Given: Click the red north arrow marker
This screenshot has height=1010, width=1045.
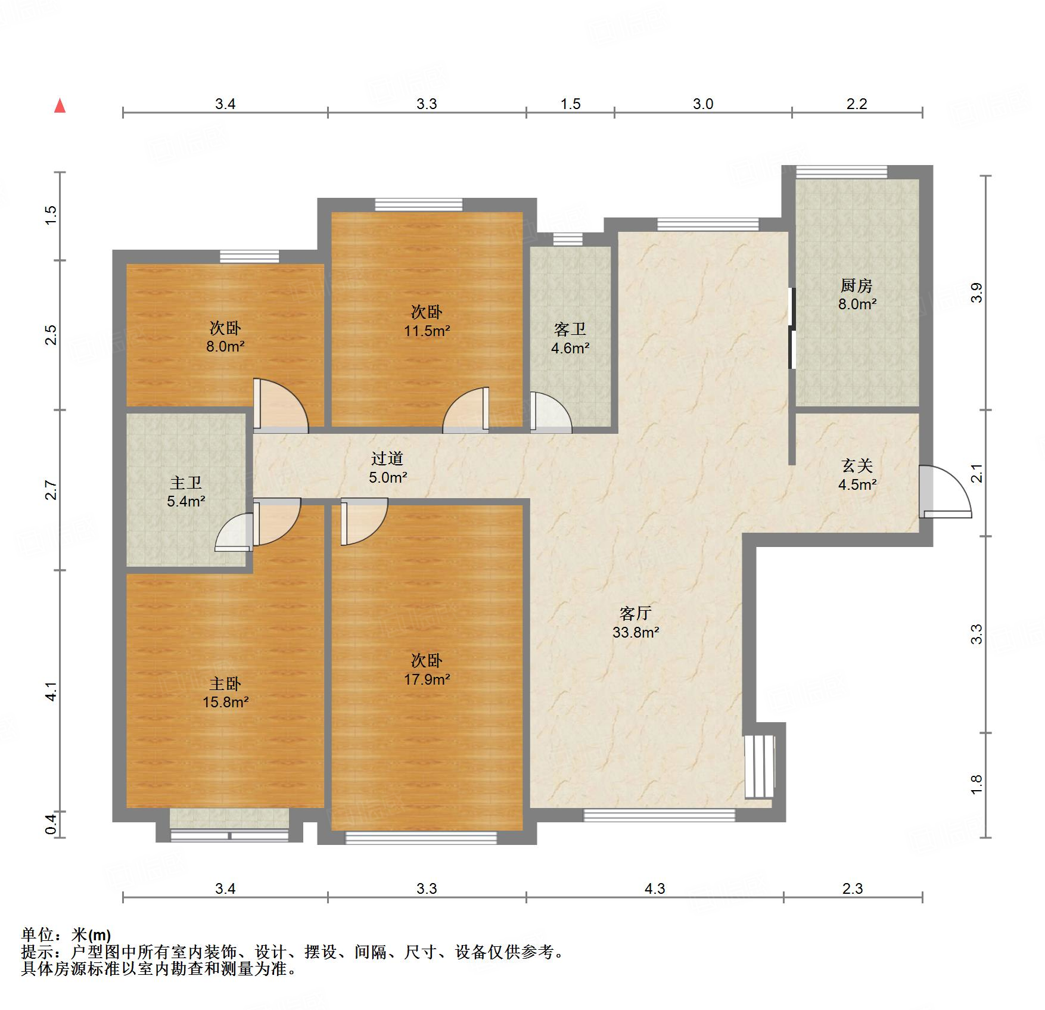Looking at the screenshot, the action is click(x=60, y=105).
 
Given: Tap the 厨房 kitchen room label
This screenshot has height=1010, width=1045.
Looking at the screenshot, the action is click(x=857, y=285).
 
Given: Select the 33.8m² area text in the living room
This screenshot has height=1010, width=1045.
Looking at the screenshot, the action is click(x=636, y=632).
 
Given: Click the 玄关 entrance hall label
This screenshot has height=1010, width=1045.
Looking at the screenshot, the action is click(x=857, y=465).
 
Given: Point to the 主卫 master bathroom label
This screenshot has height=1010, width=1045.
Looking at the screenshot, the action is click(x=186, y=482).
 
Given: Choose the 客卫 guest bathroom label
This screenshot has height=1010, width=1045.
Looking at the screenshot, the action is click(x=570, y=329).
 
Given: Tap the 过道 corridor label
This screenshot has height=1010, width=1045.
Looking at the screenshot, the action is click(x=387, y=458).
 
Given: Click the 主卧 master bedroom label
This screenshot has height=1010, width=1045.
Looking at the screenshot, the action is click(x=225, y=683).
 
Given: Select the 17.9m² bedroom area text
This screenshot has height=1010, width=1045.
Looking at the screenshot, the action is click(x=427, y=679).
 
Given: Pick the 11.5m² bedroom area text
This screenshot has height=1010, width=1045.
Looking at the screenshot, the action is click(x=427, y=331).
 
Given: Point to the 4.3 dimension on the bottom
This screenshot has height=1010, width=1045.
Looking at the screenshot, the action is click(x=655, y=888).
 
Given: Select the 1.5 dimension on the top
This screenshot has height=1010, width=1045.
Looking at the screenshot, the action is click(x=570, y=104).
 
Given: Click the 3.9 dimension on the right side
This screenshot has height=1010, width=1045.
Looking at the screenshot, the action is click(x=976, y=293).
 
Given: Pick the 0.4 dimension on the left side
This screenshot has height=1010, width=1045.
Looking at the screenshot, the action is click(x=51, y=824).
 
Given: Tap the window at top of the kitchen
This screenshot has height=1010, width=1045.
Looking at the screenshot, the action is click(x=841, y=172).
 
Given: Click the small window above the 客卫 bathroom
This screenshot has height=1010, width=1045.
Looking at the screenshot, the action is click(x=568, y=240).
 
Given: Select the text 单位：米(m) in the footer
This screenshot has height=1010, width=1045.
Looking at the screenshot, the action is click(x=66, y=935).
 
